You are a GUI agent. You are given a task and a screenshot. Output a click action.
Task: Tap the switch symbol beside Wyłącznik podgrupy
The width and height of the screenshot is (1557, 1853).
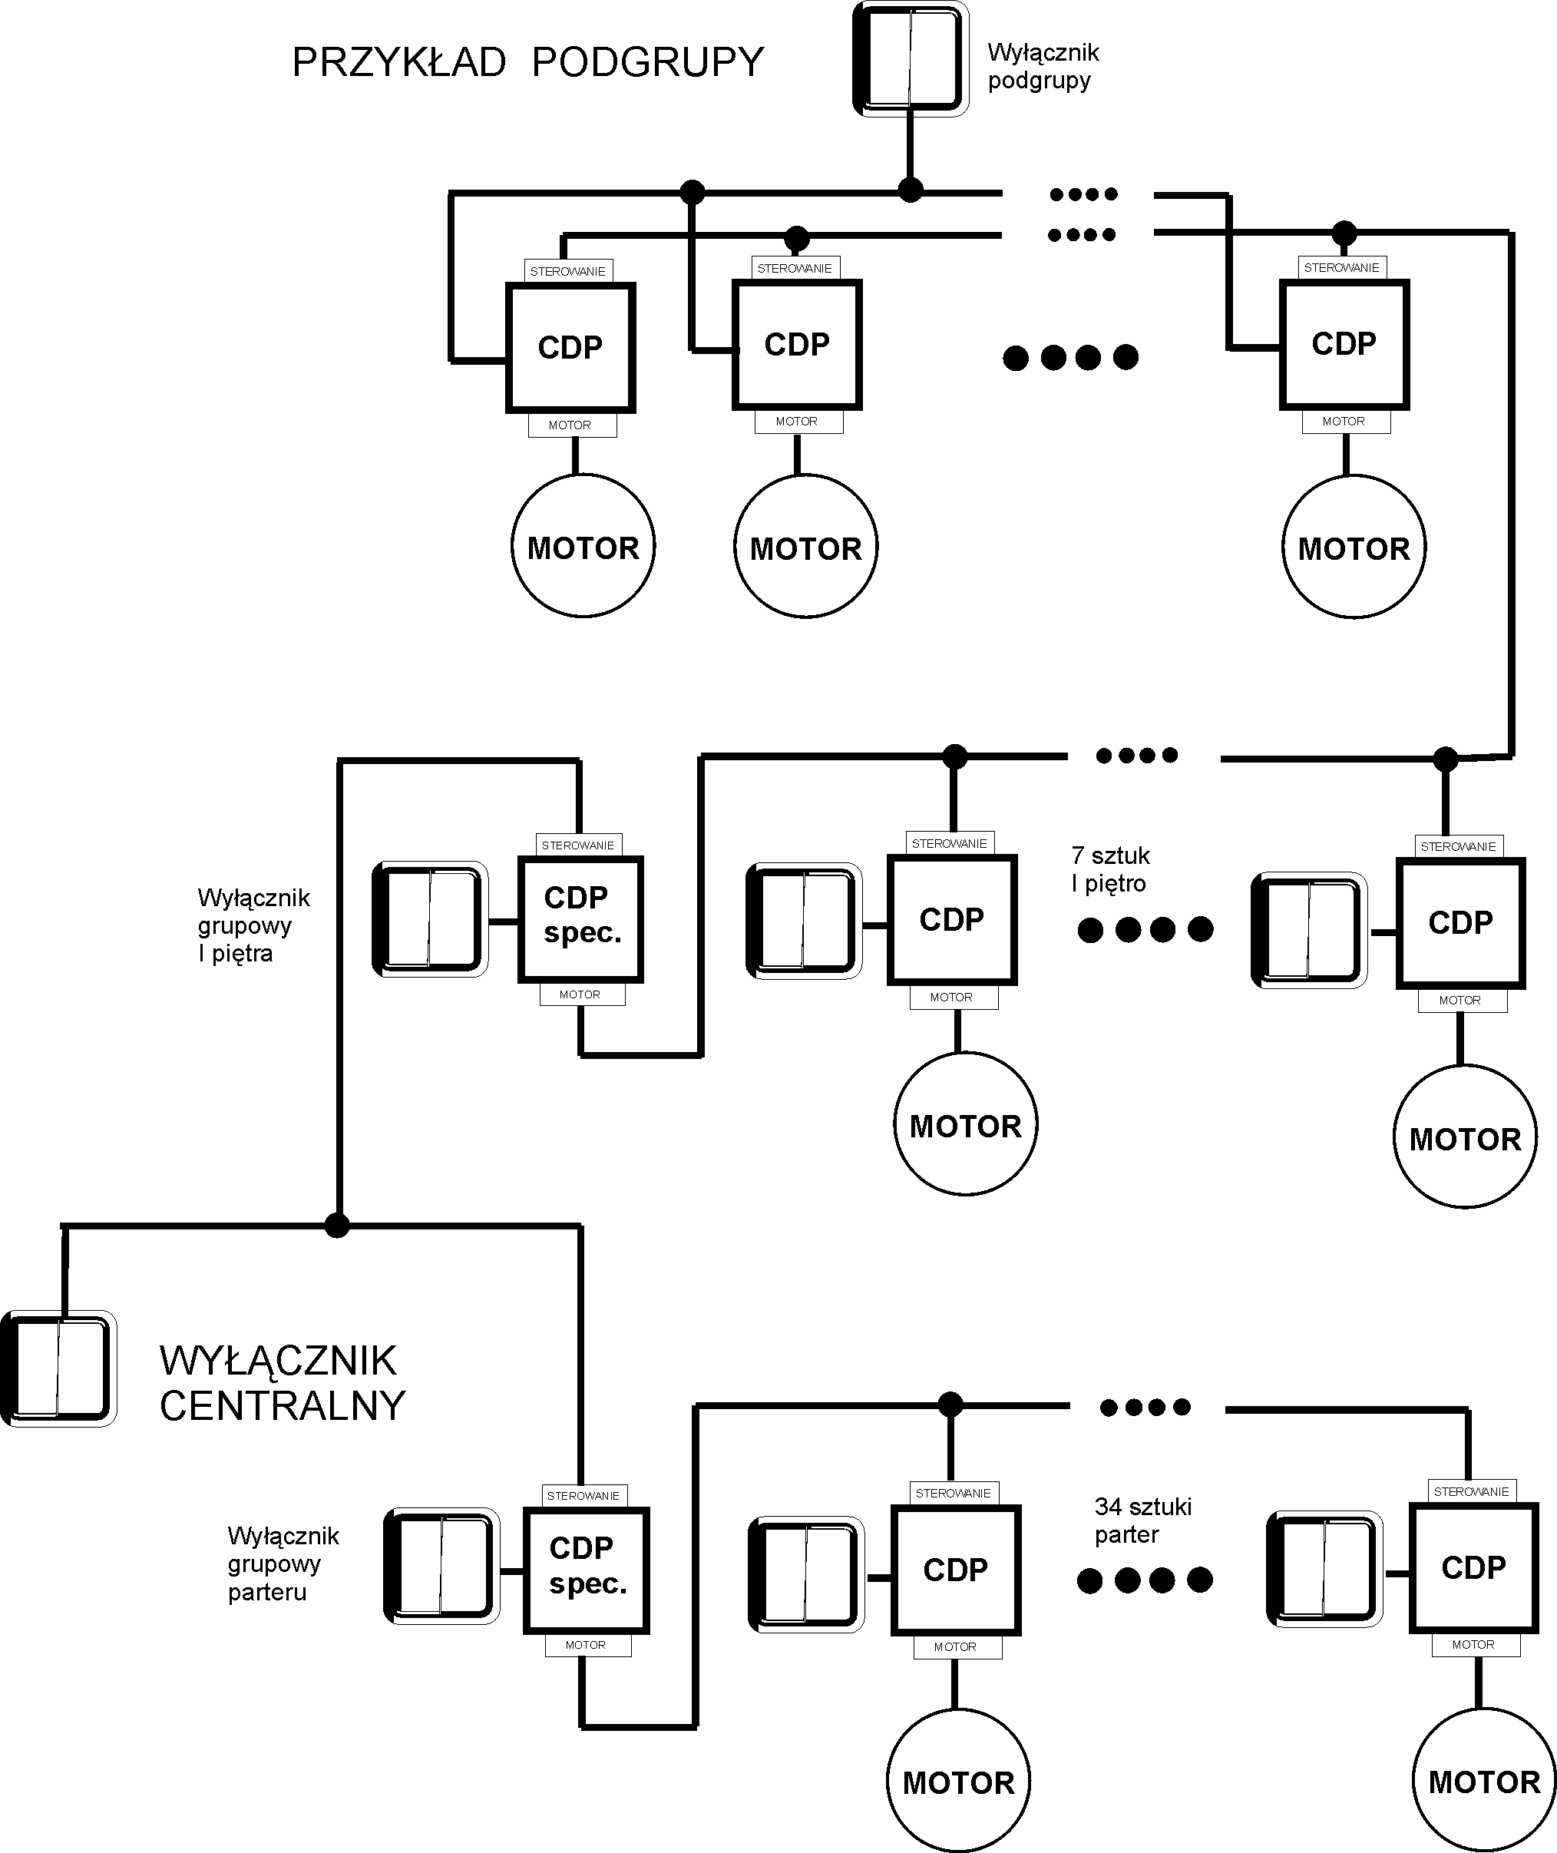(x=910, y=59)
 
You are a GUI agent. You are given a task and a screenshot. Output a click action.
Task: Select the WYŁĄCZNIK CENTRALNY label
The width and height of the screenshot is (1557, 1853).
(x=282, y=1383)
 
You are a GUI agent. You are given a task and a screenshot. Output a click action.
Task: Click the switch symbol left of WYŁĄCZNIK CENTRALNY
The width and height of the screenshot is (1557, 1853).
(x=58, y=1368)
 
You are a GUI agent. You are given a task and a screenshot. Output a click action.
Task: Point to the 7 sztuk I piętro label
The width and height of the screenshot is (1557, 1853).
(x=1110, y=869)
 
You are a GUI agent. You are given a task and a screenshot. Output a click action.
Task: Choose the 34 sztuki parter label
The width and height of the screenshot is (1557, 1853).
(x=1142, y=1520)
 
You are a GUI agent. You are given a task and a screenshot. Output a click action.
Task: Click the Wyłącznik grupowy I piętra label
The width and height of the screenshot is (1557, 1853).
(x=253, y=925)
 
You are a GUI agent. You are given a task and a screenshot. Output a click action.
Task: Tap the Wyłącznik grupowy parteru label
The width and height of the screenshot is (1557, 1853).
(x=283, y=1563)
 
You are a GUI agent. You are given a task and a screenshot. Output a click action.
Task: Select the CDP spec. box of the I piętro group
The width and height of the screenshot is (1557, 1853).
(x=580, y=918)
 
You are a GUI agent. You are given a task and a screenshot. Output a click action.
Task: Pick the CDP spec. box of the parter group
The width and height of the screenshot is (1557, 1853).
(x=586, y=1569)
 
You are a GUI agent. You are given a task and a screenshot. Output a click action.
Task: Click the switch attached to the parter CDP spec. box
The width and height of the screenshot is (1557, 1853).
(x=441, y=1565)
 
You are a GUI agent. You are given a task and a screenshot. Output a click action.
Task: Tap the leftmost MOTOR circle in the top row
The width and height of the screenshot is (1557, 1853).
(x=583, y=547)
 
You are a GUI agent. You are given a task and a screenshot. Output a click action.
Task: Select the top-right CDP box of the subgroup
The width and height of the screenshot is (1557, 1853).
(x=1344, y=344)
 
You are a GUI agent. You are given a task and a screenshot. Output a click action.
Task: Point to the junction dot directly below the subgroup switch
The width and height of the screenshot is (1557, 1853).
(x=910, y=190)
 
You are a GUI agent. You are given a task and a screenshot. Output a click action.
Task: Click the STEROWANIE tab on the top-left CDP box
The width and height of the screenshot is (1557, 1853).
(x=567, y=271)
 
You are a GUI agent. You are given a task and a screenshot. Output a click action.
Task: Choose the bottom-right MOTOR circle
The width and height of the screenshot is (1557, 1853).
(x=1484, y=1782)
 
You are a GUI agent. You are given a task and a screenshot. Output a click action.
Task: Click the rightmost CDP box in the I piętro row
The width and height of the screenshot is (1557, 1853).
(x=1460, y=922)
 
